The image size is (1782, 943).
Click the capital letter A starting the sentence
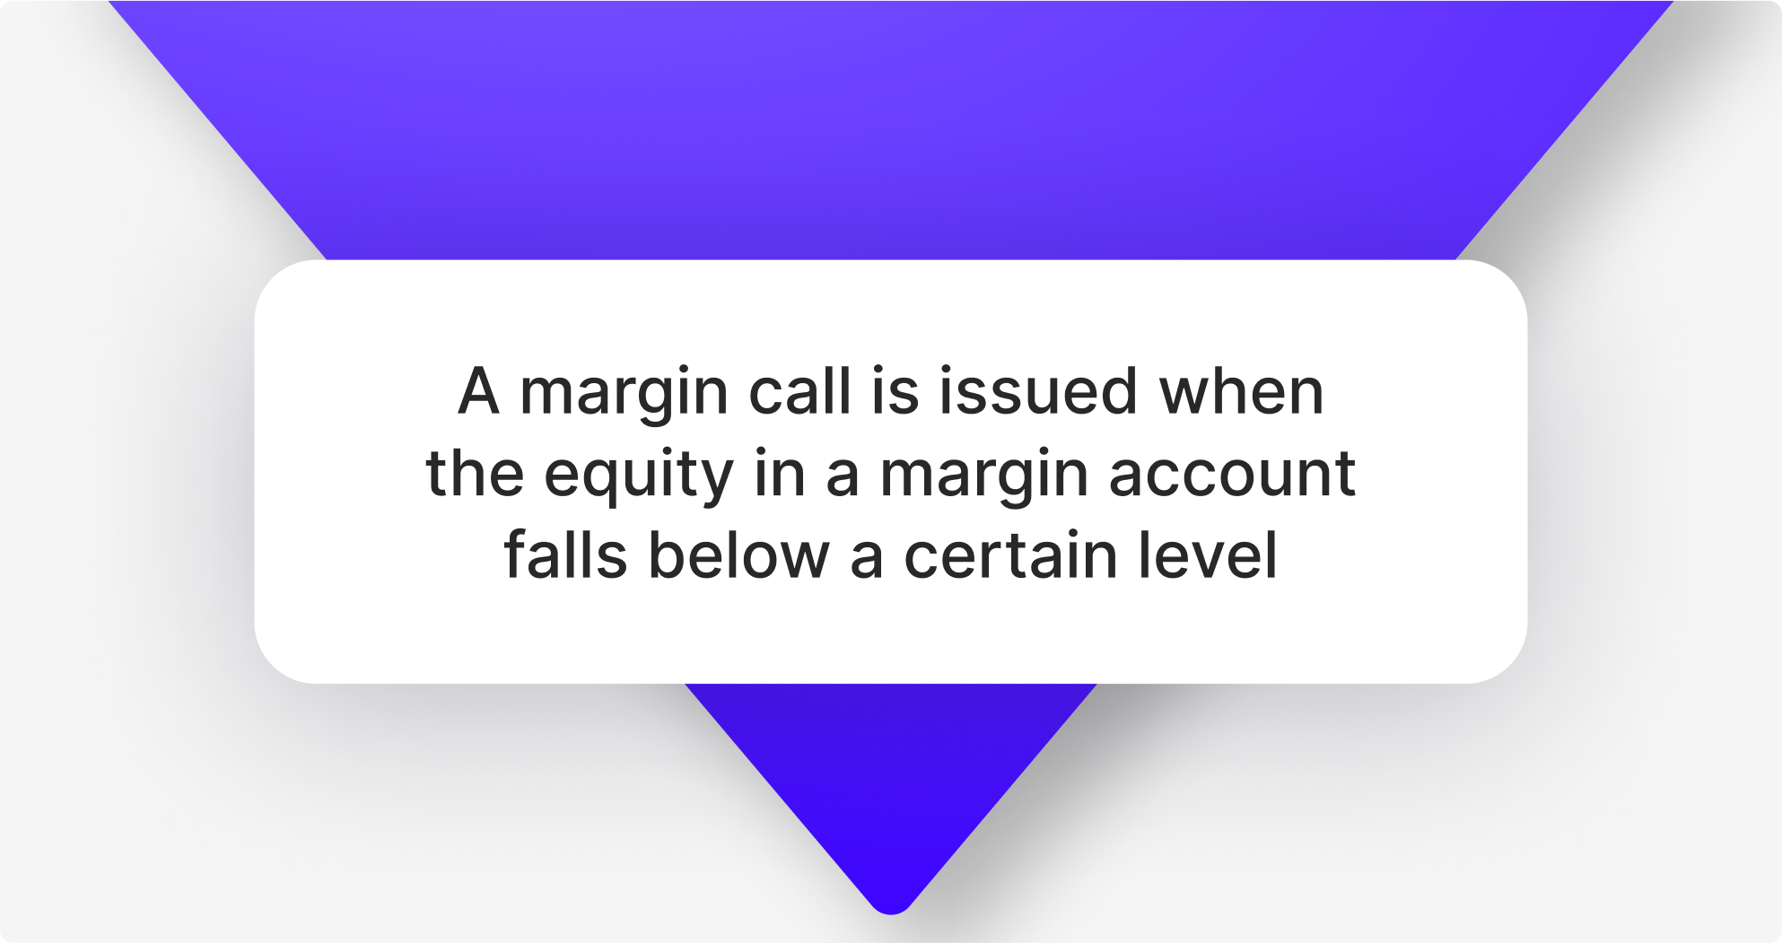[x=478, y=391]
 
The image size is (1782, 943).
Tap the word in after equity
[x=779, y=473]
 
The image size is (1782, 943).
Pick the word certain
[x=1010, y=554]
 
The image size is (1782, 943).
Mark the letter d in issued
[x=1121, y=389]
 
